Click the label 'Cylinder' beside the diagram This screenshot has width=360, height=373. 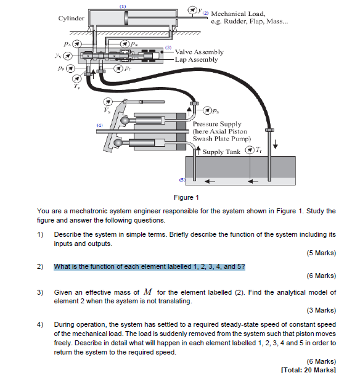pyautogui.click(x=71, y=18)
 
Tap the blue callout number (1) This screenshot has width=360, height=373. pyautogui.click(x=123, y=6)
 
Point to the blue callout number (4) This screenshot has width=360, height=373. pyautogui.click(x=99, y=125)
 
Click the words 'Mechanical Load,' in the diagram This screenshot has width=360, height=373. pyautogui.click(x=239, y=14)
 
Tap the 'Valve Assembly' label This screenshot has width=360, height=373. pyautogui.click(x=199, y=52)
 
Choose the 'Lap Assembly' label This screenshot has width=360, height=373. pyautogui.click(x=197, y=60)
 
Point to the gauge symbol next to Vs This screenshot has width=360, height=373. pyautogui.click(x=108, y=102)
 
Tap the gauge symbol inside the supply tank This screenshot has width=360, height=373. pyautogui.click(x=249, y=151)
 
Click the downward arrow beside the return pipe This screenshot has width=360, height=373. pyautogui.click(x=276, y=142)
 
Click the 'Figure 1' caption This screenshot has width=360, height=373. pyautogui.click(x=187, y=198)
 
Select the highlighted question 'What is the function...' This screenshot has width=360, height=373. pyautogui.click(x=149, y=266)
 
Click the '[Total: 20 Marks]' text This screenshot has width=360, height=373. pyautogui.click(x=308, y=369)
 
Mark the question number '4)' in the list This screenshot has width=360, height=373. pyautogui.click(x=40, y=324)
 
